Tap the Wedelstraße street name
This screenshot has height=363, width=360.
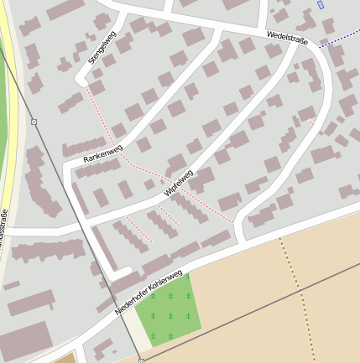point(286,38)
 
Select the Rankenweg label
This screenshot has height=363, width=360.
point(103,154)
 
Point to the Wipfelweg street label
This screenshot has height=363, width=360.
point(179,184)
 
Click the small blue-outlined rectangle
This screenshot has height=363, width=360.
point(321,5)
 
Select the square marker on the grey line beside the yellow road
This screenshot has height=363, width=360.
point(34,122)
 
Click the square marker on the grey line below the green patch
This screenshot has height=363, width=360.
point(141,360)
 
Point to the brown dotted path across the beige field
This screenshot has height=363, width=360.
point(295,293)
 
